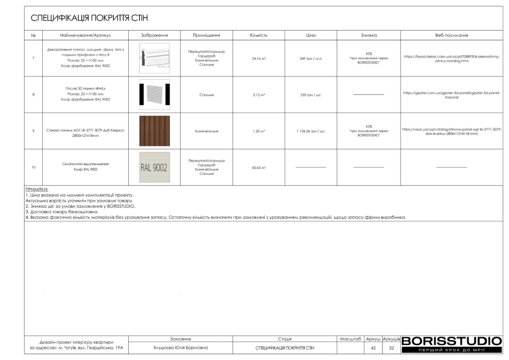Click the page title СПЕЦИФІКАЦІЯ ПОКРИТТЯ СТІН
[89, 18]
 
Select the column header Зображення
[155, 36]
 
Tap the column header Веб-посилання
[451, 36]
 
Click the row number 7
[33, 58]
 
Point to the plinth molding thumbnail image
[155, 58]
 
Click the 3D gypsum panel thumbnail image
[155, 94]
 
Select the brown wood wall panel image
[155, 131]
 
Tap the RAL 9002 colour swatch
[155, 168]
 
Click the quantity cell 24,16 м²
[258, 58]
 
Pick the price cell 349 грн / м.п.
[311, 58]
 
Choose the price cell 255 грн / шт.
[311, 94]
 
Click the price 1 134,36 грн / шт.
[311, 131]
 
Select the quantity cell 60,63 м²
[258, 168]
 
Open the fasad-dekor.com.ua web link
[451, 59]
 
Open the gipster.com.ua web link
[451, 94]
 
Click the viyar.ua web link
[451, 131]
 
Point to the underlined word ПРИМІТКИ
[37, 189]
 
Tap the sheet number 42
[373, 348]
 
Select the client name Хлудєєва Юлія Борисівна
[180, 348]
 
